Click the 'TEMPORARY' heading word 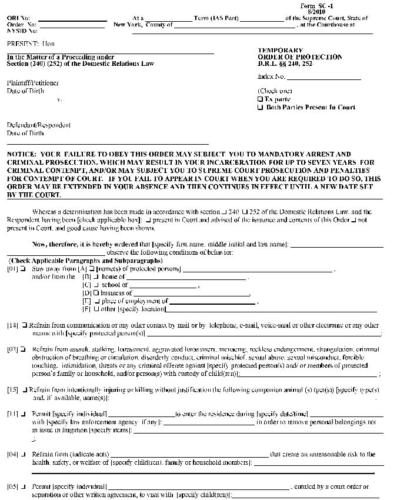(x=281, y=51)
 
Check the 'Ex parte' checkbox (x=260, y=99)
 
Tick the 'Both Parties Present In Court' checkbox (x=260, y=108)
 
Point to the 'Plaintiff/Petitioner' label (x=32, y=83)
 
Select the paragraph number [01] (x=12, y=269)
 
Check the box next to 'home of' (x=96, y=276)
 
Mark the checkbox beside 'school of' (x=96, y=285)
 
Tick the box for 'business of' (x=96, y=293)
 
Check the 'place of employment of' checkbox (x=96, y=301)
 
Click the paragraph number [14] (x=12, y=325)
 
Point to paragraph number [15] (x=12, y=390)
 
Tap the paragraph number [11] (x=12, y=414)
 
